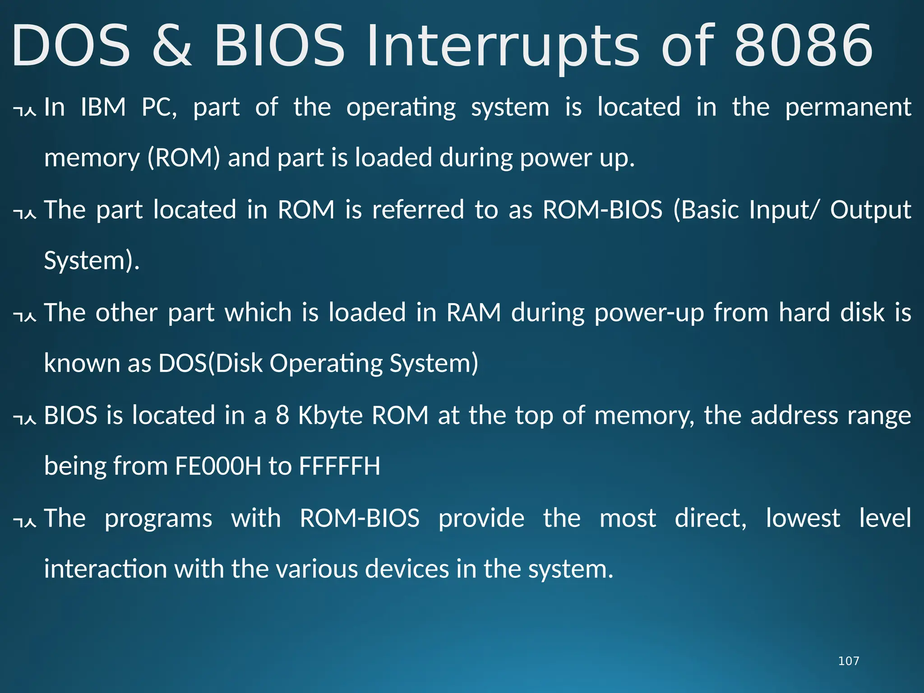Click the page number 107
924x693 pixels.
848,661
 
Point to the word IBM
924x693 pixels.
103,107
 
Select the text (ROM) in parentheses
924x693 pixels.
184,158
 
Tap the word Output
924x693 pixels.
870,210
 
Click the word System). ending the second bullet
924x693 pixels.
92,261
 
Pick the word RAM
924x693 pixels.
474,313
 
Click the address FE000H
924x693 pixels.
218,466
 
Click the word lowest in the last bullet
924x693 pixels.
803,518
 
